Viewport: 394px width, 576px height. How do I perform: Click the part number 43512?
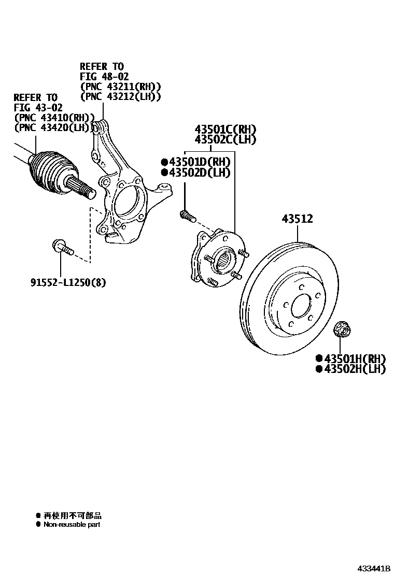click(x=297, y=219)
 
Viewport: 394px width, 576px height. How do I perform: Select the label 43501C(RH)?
click(x=226, y=129)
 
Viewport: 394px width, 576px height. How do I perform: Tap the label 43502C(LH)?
click(x=226, y=139)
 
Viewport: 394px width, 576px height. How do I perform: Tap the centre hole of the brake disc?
click(x=300, y=308)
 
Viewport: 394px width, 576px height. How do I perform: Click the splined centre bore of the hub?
click(x=224, y=259)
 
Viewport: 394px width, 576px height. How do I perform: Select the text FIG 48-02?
click(x=101, y=77)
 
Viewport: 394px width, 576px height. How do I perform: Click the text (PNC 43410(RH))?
click(x=54, y=118)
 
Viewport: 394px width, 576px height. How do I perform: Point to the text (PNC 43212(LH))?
click(x=120, y=96)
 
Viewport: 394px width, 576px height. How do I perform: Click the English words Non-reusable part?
click(x=72, y=525)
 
